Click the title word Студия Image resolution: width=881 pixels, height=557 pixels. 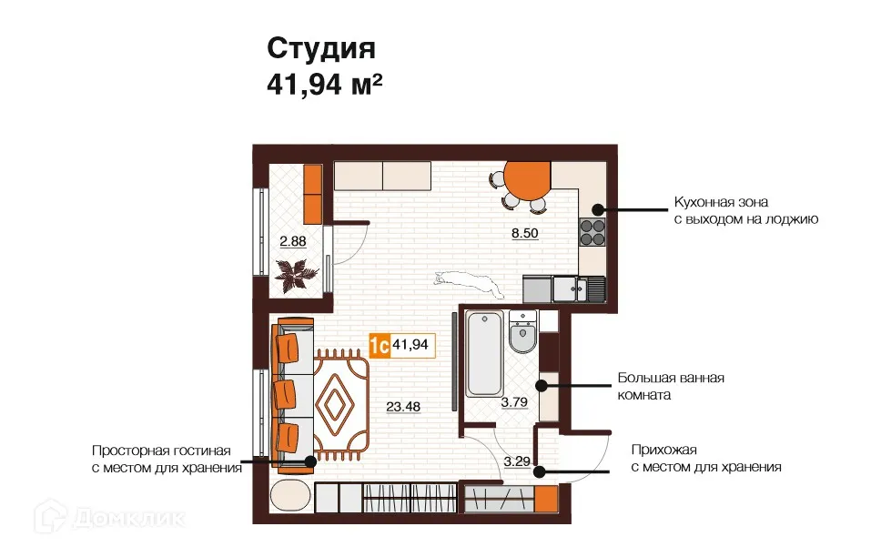click(x=320, y=48)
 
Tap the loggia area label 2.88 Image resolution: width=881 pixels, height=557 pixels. click(x=293, y=241)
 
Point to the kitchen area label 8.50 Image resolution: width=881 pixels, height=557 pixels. click(x=524, y=233)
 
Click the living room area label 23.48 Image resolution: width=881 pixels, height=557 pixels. click(x=404, y=406)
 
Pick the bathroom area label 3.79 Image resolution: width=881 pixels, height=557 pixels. click(x=514, y=401)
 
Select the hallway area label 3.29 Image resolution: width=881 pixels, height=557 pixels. click(x=516, y=461)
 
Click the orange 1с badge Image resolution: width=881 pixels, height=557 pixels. click(x=380, y=345)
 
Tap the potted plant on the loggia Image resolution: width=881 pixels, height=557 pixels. click(x=295, y=272)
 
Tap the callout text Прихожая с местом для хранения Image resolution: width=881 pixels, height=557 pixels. click(x=705, y=458)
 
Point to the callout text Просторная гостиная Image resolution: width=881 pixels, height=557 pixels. click(x=162, y=451)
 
